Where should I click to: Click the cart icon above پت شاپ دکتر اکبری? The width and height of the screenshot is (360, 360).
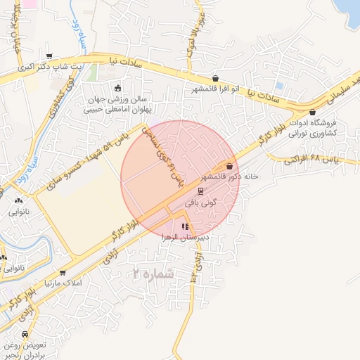49,56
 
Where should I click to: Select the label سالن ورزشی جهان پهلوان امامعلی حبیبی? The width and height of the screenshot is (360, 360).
117,104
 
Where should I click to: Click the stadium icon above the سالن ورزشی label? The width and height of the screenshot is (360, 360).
117,88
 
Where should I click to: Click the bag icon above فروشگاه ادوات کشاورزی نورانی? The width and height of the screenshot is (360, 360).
312,112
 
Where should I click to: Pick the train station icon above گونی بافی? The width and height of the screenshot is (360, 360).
200,191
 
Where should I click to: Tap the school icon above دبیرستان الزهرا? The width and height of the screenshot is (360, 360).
185,226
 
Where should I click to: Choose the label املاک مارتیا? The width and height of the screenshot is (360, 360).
63,283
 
